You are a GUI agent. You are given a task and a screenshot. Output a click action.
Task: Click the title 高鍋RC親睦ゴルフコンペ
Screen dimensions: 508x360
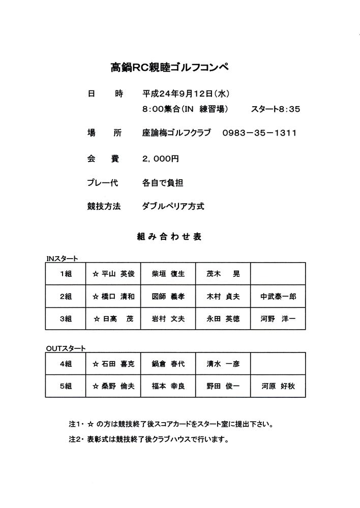click(170, 67)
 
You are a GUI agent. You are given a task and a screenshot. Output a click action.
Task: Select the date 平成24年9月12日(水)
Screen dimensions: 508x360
click(186, 93)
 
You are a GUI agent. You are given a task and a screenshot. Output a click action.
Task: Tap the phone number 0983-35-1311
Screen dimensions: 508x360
click(259, 133)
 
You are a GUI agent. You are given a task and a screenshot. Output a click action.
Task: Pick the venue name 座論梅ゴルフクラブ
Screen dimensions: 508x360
click(176, 133)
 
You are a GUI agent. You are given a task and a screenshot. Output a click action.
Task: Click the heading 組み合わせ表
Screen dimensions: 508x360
click(169, 237)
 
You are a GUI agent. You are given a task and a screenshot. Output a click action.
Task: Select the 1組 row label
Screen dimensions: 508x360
click(66, 274)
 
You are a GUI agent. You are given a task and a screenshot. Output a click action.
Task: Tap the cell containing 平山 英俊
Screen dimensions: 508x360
click(113, 274)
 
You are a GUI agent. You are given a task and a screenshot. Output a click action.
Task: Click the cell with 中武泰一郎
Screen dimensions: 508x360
click(278, 297)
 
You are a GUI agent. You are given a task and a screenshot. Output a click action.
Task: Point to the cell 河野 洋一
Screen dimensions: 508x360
click(278, 320)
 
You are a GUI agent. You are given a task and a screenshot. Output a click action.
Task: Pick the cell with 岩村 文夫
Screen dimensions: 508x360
click(168, 320)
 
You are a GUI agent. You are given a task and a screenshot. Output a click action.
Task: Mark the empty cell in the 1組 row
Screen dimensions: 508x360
click(278, 274)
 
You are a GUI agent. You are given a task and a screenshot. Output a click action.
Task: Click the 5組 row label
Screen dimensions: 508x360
click(66, 386)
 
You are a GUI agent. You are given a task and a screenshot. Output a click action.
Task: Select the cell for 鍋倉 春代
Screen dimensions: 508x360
click(168, 364)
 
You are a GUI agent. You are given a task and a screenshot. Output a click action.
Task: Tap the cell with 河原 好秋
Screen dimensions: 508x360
click(278, 386)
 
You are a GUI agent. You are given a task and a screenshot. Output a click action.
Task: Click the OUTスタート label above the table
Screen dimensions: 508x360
click(66, 348)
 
